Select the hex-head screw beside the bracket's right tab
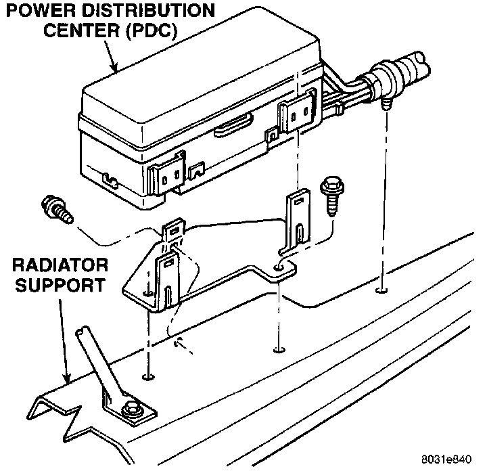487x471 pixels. tap(332, 193)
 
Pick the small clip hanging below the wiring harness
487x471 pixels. tap(387, 104)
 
